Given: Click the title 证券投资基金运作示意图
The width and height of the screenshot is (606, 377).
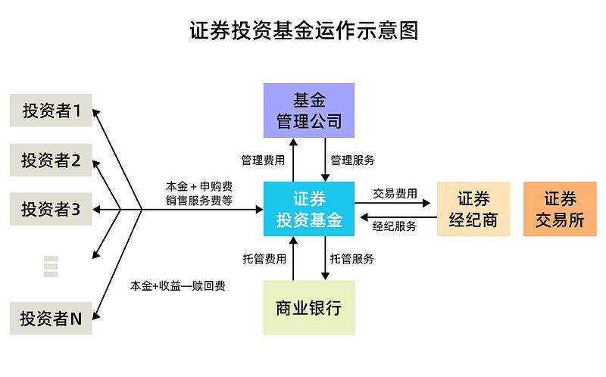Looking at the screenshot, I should [x=303, y=31].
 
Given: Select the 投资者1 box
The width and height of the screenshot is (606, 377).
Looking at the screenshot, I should [x=52, y=111].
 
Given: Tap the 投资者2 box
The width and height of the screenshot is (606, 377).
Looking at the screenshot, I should [x=51, y=160].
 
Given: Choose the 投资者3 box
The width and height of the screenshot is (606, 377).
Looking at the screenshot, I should [x=51, y=209].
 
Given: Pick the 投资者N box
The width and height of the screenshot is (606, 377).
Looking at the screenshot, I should [x=51, y=318].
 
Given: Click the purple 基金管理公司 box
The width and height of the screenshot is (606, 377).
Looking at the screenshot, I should [x=308, y=110].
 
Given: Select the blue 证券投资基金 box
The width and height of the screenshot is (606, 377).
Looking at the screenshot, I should [x=308, y=209].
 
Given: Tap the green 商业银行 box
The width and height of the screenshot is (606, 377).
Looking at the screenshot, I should [x=308, y=308].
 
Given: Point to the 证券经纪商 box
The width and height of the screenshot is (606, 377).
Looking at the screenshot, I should [x=474, y=209].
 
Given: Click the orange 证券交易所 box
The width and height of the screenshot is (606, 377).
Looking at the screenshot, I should [x=560, y=209].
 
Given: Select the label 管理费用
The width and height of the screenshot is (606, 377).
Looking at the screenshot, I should [x=263, y=160].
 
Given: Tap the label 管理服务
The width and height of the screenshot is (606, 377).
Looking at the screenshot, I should [x=352, y=160].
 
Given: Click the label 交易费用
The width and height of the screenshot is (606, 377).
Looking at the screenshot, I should [x=395, y=193].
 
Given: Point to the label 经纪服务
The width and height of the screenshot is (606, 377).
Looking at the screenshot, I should [x=395, y=226].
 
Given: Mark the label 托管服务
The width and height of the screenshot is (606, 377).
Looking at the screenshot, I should [x=352, y=259].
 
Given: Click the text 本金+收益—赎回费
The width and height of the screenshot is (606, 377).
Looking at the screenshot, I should [x=177, y=286].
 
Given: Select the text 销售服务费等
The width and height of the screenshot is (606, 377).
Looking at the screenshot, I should [x=198, y=201].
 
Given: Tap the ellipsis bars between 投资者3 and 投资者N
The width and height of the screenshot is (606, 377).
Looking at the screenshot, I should [x=51, y=266].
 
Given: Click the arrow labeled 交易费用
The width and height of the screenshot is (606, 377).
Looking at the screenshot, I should [x=395, y=203].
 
